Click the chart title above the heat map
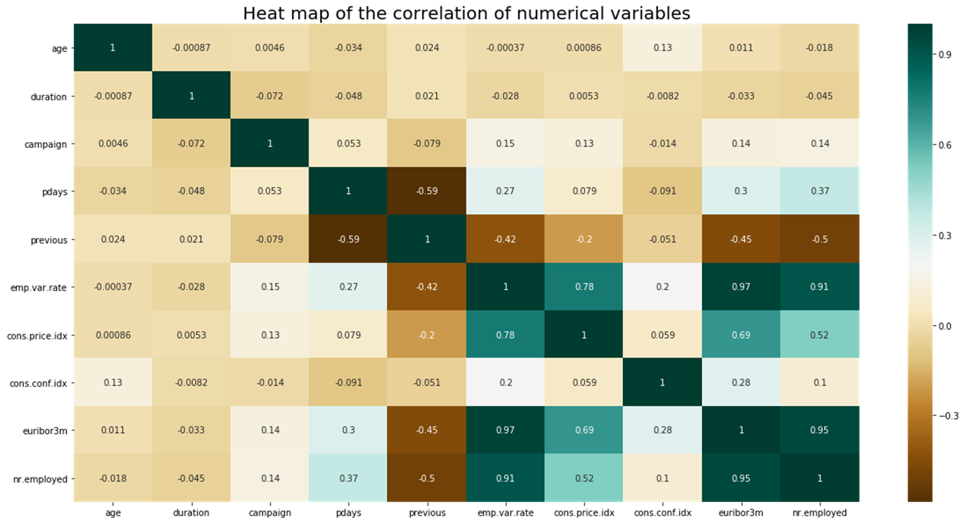tap(465, 13)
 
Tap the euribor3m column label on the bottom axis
tap(741, 512)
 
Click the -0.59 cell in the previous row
tap(349, 239)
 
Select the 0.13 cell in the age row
tap(662, 48)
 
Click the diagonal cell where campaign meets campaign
tap(270, 144)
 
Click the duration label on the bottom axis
tap(192, 512)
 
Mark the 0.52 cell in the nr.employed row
tap(584, 479)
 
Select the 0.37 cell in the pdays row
tap(819, 192)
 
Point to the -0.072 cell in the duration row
tap(270, 96)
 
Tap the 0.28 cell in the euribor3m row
tap(662, 431)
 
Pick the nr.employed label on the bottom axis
tap(819, 512)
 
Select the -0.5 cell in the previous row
tap(819, 239)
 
